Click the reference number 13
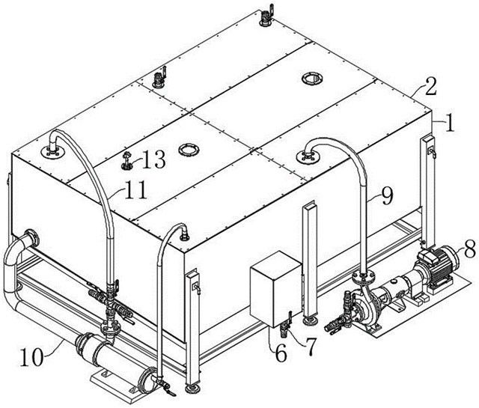(154, 159)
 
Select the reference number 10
(31, 357)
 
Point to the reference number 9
(387, 195)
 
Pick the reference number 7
(309, 347)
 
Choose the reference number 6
(281, 354)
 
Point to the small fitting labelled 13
(126, 161)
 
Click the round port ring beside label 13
(189, 150)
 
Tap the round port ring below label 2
(312, 79)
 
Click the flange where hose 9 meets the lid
(308, 156)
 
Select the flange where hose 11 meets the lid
(53, 151)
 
